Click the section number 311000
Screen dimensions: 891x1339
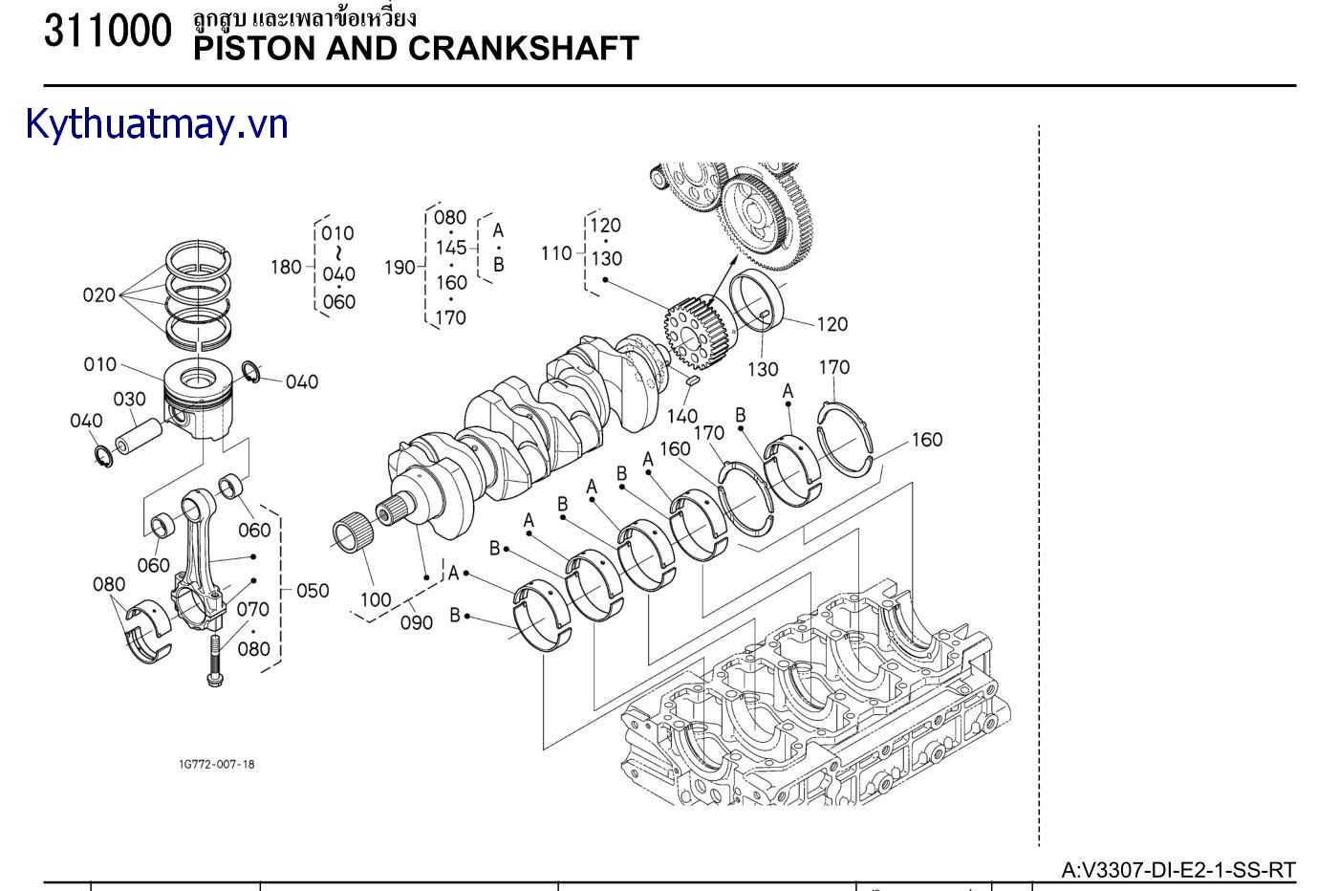[107, 32]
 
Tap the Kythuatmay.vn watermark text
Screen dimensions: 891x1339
[157, 124]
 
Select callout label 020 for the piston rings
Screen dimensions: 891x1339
[98, 295]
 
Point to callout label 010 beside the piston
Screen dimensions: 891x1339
[99, 364]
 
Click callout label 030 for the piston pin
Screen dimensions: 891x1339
[129, 399]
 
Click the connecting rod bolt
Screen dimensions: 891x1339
[214, 661]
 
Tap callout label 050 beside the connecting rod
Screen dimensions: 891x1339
[312, 591]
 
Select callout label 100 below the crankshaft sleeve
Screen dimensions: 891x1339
[376, 600]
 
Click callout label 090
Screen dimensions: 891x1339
[416, 622]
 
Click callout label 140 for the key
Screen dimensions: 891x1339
[681, 416]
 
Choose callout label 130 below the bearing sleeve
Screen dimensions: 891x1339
[763, 369]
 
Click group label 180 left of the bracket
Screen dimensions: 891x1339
[286, 268]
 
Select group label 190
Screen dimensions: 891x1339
[400, 268]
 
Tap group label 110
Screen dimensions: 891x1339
[556, 253]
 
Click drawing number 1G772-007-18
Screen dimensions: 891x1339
[217, 764]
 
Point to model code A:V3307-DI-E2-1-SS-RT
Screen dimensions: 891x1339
[1178, 870]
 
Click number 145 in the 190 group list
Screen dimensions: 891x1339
[451, 249]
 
